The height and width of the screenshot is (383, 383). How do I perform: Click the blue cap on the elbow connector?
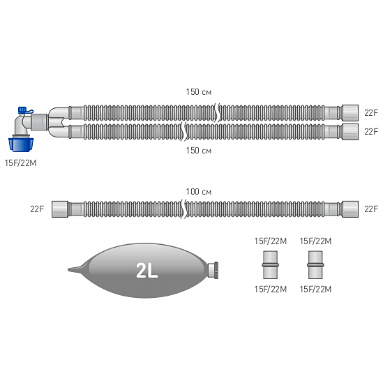[22, 110]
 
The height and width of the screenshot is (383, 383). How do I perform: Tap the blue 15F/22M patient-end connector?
[21, 144]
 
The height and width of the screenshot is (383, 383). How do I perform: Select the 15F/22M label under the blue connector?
[20, 163]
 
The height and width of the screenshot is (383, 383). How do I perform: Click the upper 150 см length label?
[199, 92]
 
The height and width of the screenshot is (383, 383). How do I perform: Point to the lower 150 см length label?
[199, 151]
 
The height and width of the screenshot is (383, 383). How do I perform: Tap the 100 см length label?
[199, 192]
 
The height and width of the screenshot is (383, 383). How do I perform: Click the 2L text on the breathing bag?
[147, 271]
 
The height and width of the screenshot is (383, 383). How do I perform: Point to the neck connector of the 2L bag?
[213, 270]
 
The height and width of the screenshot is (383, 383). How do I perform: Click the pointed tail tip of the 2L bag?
[68, 270]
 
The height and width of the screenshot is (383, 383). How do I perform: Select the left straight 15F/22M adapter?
[270, 265]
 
